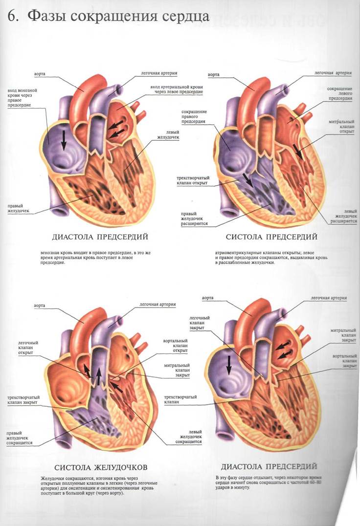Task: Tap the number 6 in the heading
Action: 12,16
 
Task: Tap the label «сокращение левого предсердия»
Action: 339,93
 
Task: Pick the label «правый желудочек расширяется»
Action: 195,219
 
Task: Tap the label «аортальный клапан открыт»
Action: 176,346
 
